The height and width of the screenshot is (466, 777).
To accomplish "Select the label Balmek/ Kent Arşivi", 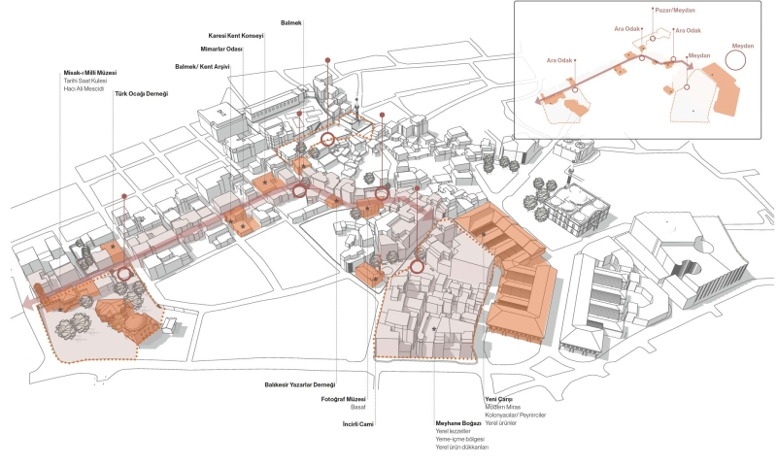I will pyautogui.click(x=208, y=66).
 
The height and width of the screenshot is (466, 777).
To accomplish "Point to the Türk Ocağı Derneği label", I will pyautogui.click(x=142, y=93).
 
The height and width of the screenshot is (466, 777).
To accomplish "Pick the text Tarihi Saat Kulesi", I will pyautogui.click(x=86, y=82).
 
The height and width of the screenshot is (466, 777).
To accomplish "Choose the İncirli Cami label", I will pyautogui.click(x=358, y=425).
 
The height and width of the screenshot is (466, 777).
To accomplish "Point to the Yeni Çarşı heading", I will pyautogui.click(x=498, y=399).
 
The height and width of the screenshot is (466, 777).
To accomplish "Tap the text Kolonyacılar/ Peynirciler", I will pyautogui.click(x=516, y=416).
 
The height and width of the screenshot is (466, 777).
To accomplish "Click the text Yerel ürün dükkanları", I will pyautogui.click(x=461, y=448).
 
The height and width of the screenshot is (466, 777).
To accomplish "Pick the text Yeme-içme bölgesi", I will pyautogui.click(x=459, y=440).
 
